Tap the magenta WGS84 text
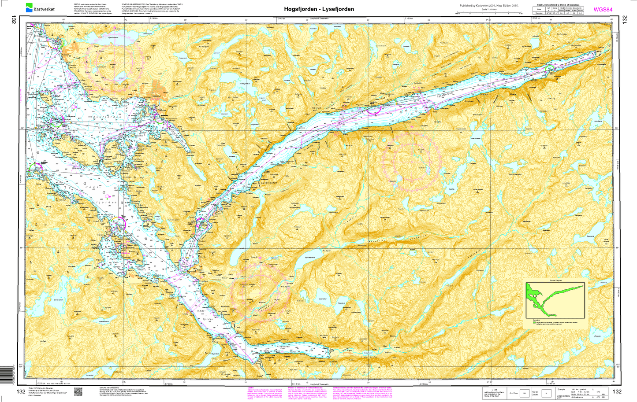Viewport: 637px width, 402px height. click(603, 9)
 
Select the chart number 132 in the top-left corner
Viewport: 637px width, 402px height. click(15, 20)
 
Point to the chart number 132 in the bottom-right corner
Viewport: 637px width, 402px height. click(617, 391)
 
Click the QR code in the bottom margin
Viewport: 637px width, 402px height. click(78, 391)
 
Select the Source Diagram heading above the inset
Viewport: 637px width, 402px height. click(555, 280)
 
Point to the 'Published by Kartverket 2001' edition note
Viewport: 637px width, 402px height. click(489, 6)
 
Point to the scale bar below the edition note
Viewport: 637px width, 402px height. click(489, 14)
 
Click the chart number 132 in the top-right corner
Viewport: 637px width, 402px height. click(624, 20)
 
